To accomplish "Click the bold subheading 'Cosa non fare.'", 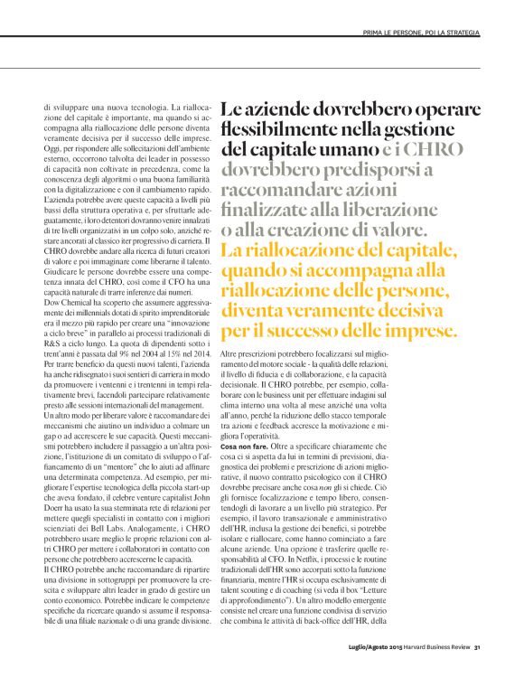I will pos(244,448).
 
